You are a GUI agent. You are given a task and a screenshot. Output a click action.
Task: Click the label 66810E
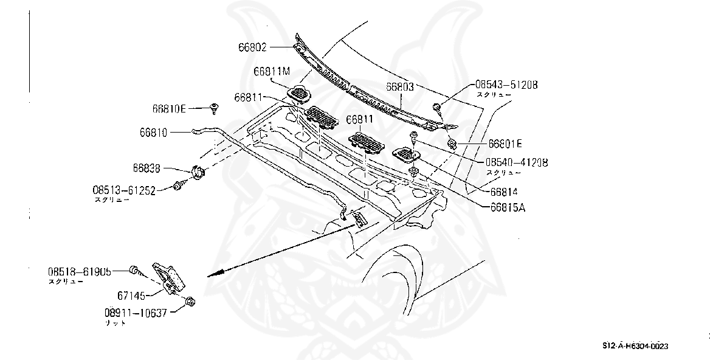coord(169,109)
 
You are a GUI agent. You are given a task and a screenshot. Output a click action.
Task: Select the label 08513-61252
coord(123,190)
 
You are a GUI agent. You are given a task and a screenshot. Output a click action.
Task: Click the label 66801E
coord(505,144)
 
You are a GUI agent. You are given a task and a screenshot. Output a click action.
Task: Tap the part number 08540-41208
coord(516,162)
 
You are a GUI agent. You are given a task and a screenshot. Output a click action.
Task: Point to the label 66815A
coord(508,206)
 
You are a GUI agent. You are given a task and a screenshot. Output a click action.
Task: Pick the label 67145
coord(131,296)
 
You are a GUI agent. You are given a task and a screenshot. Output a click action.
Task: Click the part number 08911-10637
coord(135,313)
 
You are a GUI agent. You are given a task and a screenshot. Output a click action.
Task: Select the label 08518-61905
coord(80,272)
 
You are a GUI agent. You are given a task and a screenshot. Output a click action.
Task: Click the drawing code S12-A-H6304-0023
coord(635,346)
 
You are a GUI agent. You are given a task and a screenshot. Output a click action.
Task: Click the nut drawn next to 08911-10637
coord(189,301)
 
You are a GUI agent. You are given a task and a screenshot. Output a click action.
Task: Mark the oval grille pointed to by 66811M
coord(298,94)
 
